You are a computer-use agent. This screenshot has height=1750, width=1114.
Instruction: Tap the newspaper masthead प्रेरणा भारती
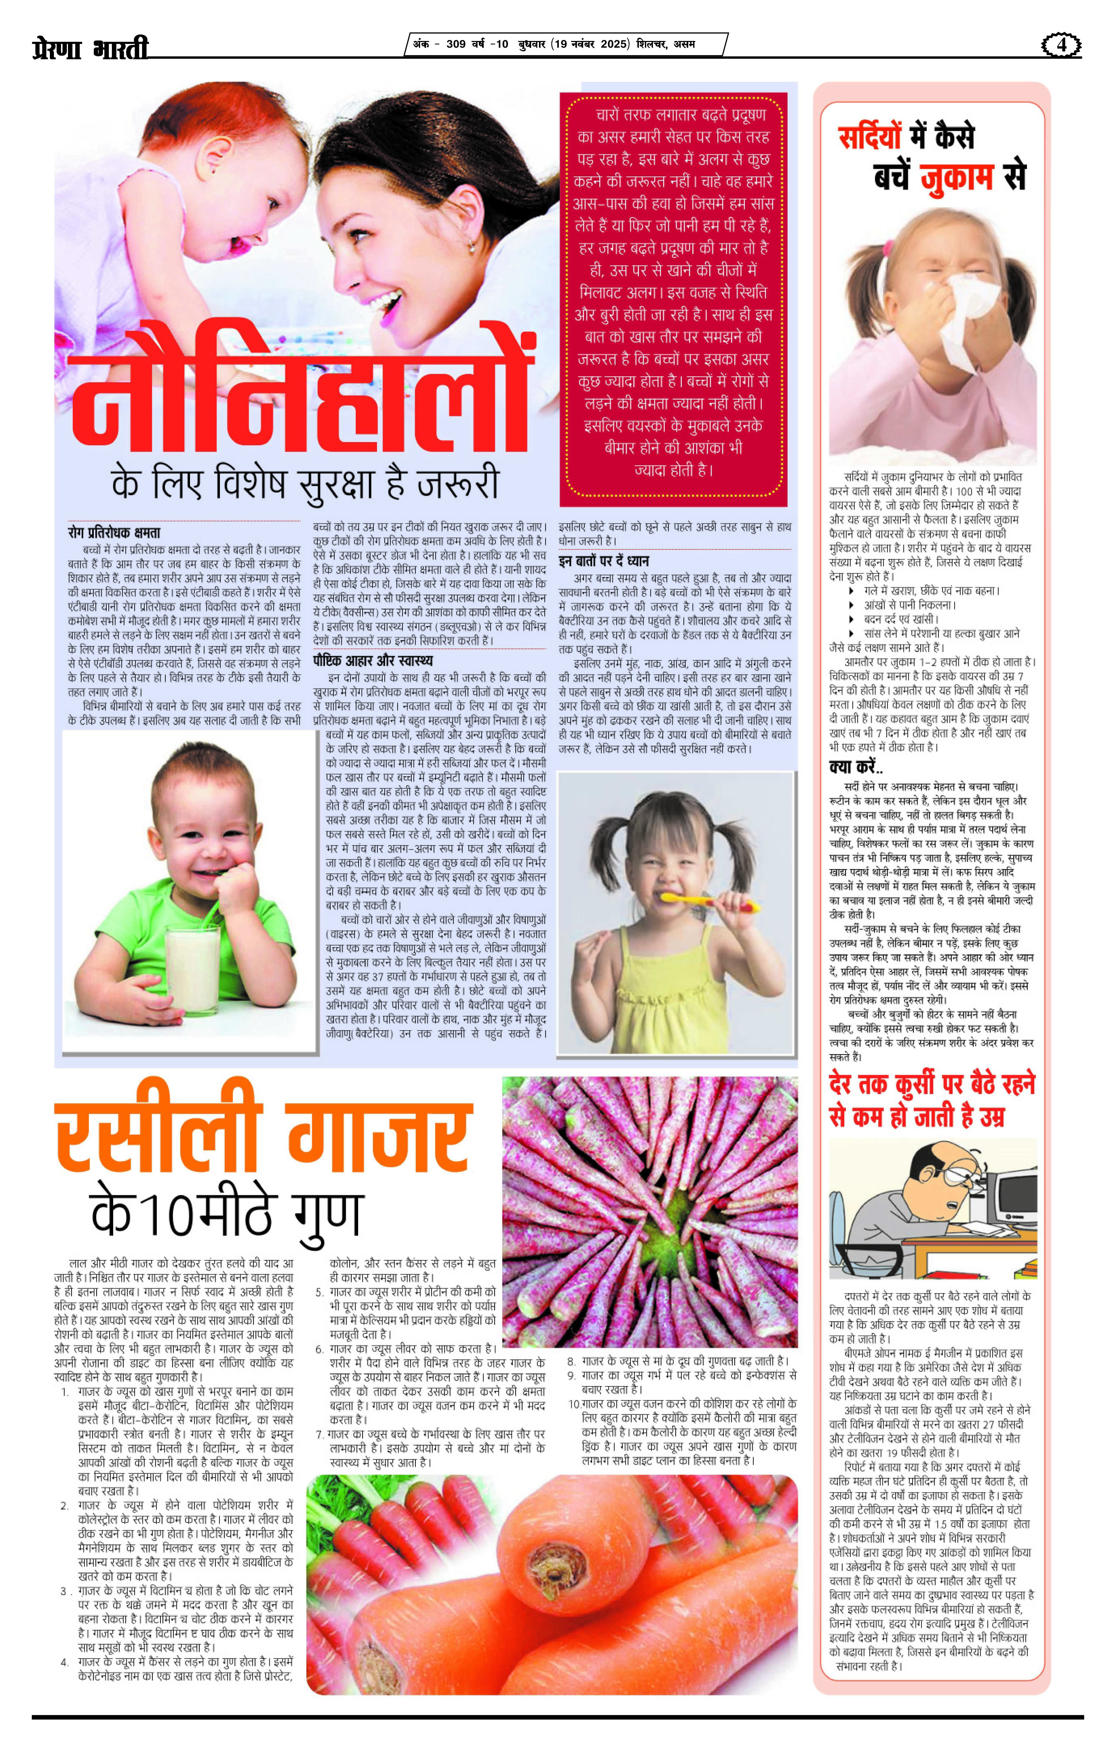91,48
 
